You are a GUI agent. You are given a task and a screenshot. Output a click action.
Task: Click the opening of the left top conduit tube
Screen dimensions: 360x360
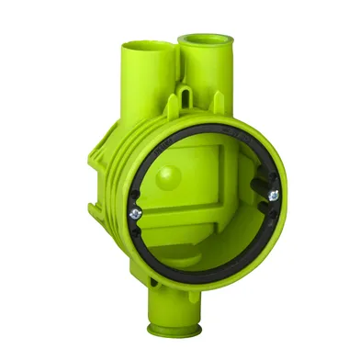(x=145, y=44)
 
